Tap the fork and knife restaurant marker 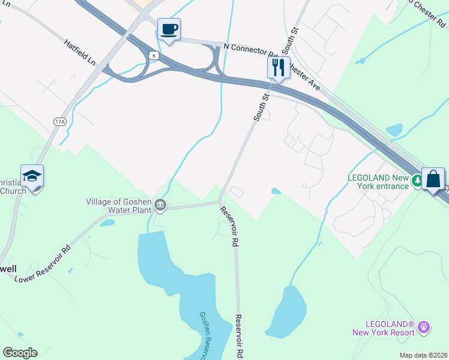pyautogui.click(x=278, y=67)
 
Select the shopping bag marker pyautogui.click(x=433, y=179)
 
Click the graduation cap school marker pyautogui.click(x=32, y=176)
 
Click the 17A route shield pyautogui.click(x=59, y=121)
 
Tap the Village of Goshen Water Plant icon pyautogui.click(x=160, y=206)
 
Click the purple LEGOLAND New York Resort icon pyautogui.click(x=424, y=328)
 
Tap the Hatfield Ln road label pyautogui.click(x=80, y=52)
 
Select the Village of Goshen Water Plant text pyautogui.click(x=119, y=206)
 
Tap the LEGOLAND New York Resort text pyautogui.click(x=384, y=328)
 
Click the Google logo pyautogui.click(x=20, y=353)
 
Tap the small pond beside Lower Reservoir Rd pyautogui.click(x=107, y=223)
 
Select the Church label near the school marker pyautogui.click(x=13, y=191)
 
